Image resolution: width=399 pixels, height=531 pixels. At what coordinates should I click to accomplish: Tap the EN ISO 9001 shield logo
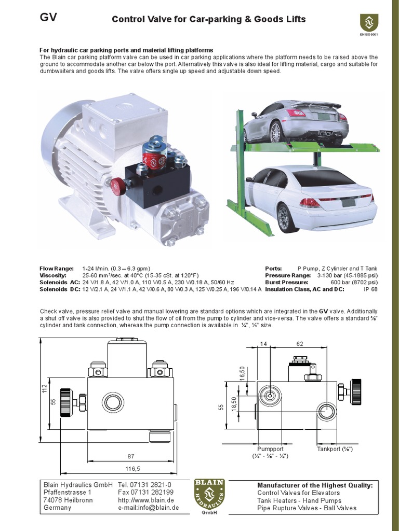click(x=369, y=23)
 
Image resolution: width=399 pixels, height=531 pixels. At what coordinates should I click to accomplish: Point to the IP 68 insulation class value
click(x=370, y=289)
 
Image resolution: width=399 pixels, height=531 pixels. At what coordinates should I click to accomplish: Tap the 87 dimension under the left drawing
click(x=130, y=456)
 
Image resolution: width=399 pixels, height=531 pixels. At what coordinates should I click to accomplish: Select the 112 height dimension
click(x=45, y=388)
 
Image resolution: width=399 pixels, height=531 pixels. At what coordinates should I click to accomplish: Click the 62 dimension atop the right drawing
click(x=300, y=344)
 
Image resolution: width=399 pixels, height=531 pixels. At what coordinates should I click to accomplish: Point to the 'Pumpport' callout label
click(x=270, y=449)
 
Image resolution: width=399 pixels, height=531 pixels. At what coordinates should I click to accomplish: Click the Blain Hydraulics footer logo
click(x=209, y=496)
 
